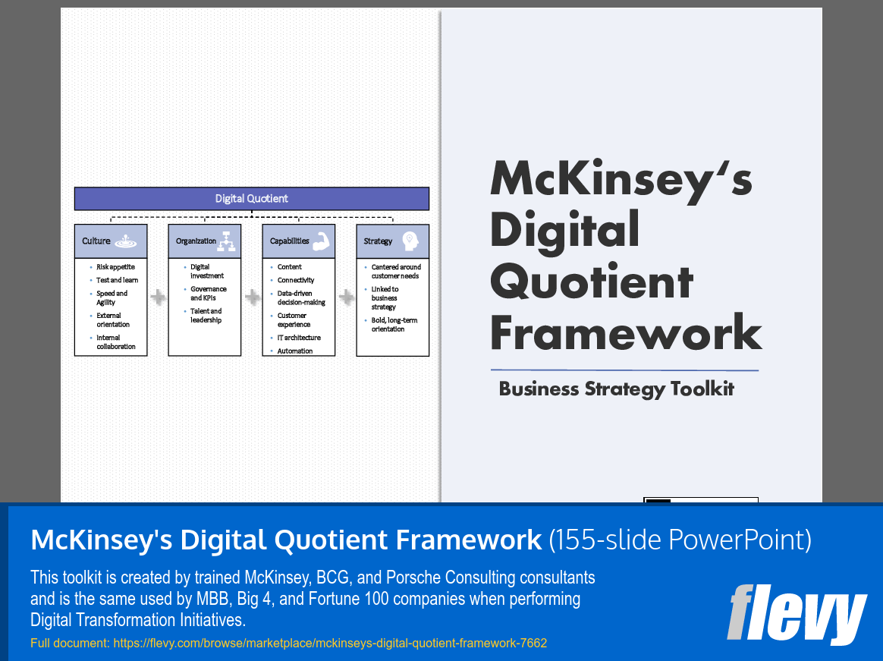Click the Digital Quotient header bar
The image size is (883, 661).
pyautogui.click(x=251, y=199)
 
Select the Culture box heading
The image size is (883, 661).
pyautogui.click(x=97, y=241)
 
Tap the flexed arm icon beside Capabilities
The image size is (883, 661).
pyautogui.click(x=321, y=241)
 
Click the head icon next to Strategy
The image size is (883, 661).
pyautogui.click(x=410, y=241)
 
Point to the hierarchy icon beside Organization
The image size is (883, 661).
pyautogui.click(x=228, y=241)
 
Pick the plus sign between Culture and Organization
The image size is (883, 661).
pyautogui.click(x=158, y=297)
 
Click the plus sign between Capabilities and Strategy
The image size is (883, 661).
pyautogui.click(x=346, y=297)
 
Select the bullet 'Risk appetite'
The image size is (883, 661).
pyautogui.click(x=115, y=267)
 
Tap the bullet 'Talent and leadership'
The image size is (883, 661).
pyautogui.click(x=206, y=316)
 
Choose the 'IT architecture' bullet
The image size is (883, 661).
pyautogui.click(x=299, y=338)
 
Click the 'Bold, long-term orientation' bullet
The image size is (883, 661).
pyautogui.click(x=394, y=325)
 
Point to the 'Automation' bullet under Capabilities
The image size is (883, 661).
pyautogui.click(x=295, y=351)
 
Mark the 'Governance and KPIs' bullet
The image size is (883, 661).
pyautogui.click(x=208, y=294)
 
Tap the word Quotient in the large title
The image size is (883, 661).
pyautogui.click(x=592, y=282)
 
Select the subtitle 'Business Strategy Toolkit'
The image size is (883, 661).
pyautogui.click(x=616, y=389)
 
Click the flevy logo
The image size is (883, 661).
pyautogui.click(x=796, y=614)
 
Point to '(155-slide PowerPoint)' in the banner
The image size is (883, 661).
pyautogui.click(x=680, y=540)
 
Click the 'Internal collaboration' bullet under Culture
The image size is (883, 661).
pyautogui.click(x=116, y=342)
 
